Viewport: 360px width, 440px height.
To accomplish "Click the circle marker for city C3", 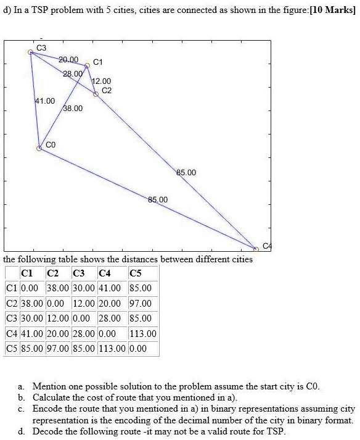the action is coord(31,52).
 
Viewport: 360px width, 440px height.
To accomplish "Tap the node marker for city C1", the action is coord(87,65).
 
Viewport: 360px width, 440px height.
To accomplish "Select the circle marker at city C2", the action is coord(96,94).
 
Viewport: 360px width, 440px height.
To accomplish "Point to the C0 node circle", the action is coord(40,148).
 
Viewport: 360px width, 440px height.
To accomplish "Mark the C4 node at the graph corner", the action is coord(256,249).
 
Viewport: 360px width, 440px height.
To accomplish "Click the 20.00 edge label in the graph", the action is coord(68,60).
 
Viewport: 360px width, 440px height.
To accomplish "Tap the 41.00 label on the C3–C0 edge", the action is coord(45,101).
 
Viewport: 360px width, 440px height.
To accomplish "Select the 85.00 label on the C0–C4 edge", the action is coord(157,200).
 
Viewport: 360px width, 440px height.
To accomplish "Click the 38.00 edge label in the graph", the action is coord(73,108).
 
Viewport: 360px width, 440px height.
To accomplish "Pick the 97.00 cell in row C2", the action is coord(141,304).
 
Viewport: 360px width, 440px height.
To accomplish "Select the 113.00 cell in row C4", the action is coord(144,333).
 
